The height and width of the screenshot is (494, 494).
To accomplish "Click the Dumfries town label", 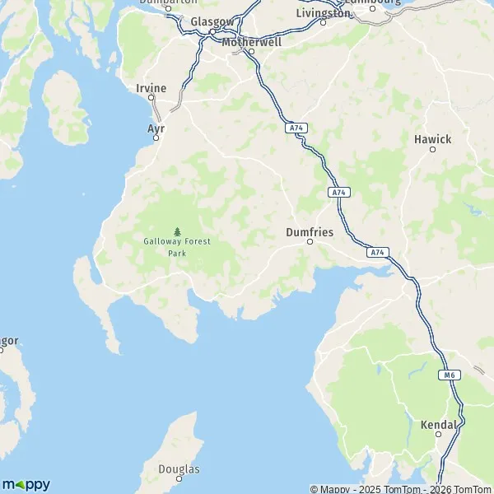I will (310, 232).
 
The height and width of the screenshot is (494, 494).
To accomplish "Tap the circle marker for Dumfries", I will (310, 242).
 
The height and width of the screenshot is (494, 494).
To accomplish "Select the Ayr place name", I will (156, 128).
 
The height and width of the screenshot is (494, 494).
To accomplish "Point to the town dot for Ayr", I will (156, 138).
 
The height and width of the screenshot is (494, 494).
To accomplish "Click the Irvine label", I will (151, 87).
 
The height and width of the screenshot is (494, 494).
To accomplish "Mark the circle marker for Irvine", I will (151, 97).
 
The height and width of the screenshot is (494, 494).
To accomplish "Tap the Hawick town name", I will (433, 139).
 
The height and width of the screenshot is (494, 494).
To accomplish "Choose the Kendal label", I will (438, 425).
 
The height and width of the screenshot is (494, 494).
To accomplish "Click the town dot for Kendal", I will (439, 435).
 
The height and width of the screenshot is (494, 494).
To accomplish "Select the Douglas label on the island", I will (177, 469).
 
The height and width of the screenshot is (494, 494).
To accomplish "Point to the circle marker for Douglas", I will (166, 478).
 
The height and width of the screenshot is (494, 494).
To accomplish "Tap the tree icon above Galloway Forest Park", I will (177, 232).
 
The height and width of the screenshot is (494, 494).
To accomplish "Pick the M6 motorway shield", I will (449, 375).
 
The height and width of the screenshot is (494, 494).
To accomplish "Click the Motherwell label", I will (251, 40).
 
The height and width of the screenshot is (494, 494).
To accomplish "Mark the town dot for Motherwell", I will (252, 51).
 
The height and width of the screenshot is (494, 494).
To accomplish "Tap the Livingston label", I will (323, 13).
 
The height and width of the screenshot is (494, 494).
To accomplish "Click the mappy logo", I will (26, 484).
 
